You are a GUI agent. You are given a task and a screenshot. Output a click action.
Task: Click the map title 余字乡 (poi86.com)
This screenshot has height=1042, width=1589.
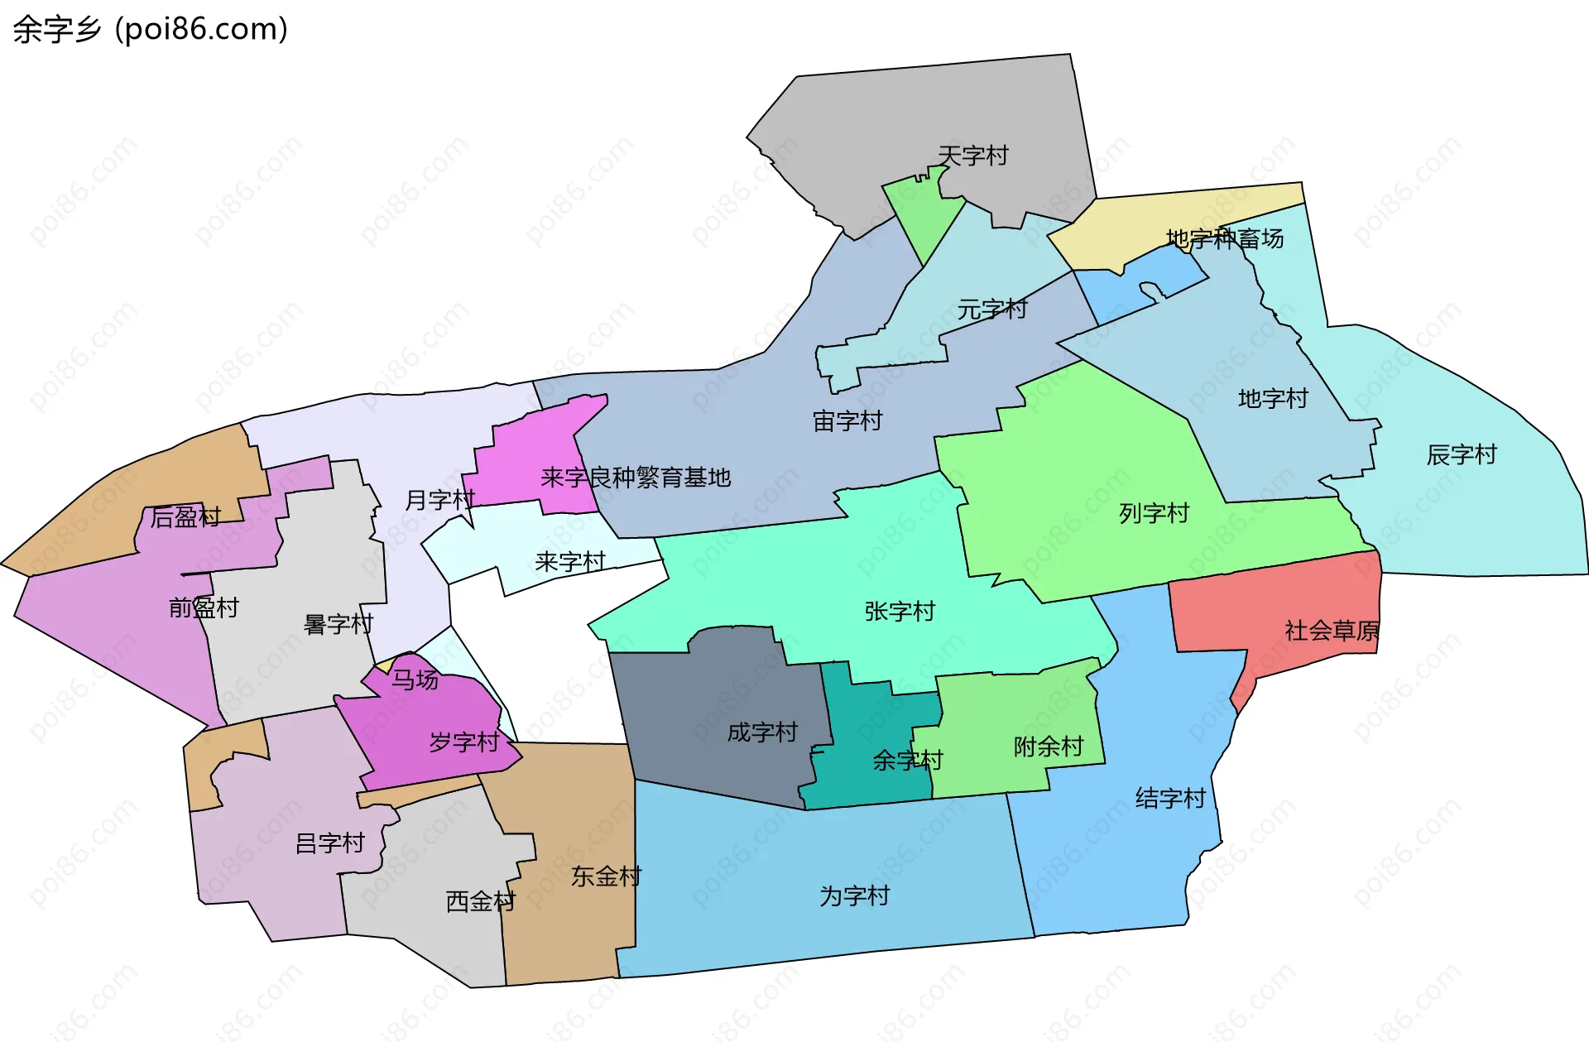(x=150, y=29)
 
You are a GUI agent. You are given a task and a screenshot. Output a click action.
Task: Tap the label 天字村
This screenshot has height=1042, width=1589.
(x=972, y=156)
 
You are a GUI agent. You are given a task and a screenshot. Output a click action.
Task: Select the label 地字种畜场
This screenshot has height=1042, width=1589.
(x=1224, y=239)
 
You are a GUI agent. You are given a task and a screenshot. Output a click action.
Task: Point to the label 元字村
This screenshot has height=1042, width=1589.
(x=991, y=310)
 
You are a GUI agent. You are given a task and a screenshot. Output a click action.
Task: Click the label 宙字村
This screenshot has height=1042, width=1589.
(x=847, y=421)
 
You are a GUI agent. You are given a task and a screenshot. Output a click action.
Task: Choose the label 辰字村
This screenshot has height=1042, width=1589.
(x=1461, y=454)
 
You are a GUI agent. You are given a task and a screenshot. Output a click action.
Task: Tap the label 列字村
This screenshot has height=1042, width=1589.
(x=1153, y=513)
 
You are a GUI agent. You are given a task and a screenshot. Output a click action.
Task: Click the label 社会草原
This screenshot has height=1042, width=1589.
(x=1331, y=631)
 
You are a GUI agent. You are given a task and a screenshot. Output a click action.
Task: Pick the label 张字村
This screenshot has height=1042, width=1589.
(x=899, y=612)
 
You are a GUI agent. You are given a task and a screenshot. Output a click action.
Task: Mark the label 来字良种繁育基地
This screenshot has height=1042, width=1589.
(x=635, y=478)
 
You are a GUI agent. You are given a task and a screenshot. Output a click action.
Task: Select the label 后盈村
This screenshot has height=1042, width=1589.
(x=185, y=517)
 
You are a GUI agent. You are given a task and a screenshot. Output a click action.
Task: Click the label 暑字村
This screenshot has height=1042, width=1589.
(x=338, y=624)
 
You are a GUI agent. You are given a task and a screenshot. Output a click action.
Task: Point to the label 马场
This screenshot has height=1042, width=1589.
(x=415, y=679)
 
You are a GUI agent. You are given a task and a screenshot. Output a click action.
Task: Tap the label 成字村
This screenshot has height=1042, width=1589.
(x=761, y=732)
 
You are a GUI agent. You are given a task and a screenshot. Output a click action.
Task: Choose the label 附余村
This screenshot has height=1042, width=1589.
(x=1048, y=747)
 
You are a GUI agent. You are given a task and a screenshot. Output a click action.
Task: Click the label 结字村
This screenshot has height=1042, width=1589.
(x=1169, y=799)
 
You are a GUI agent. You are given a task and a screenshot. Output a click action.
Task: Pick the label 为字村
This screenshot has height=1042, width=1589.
(x=853, y=896)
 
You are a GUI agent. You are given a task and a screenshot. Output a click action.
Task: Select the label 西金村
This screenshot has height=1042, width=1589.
(x=480, y=901)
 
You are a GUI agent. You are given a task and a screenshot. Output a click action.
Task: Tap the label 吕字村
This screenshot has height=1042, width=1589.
(x=329, y=843)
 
